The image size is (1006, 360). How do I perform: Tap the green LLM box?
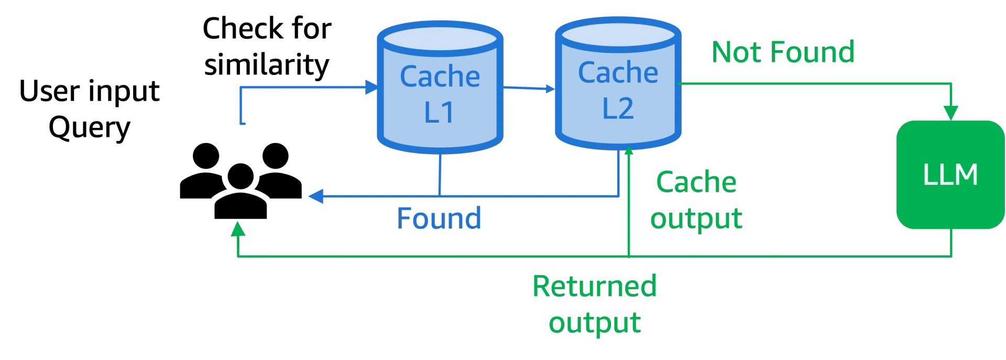click(950, 174)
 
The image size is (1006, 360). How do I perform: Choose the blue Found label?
click(439, 218)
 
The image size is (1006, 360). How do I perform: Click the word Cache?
click(696, 182)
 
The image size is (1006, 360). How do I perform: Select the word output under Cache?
click(697, 217)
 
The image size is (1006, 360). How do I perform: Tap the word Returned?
click(595, 286)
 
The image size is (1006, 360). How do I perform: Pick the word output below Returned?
click(595, 322)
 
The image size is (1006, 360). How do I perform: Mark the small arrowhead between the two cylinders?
click(549, 90)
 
